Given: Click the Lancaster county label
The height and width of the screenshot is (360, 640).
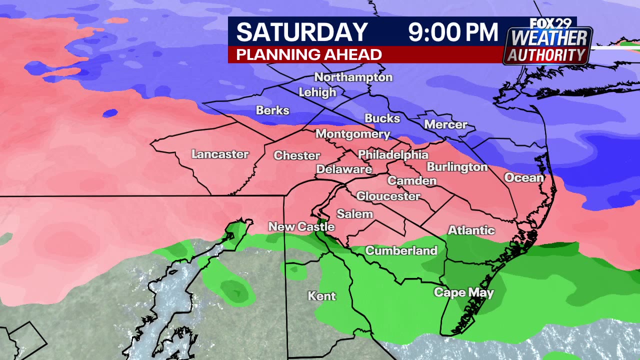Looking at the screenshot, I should point(220,154).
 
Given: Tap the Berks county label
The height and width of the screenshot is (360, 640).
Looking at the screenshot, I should point(272,110).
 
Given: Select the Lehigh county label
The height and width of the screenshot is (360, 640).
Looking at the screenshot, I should point(317,92).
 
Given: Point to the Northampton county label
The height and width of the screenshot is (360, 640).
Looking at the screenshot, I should point(353,77).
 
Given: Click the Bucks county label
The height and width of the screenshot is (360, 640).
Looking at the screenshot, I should point(382,118).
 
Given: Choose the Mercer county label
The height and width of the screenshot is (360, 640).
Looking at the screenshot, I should point(446,124).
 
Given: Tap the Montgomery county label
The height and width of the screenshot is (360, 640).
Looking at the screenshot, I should point(353,134).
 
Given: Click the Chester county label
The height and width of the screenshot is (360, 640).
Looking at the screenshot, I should point(297,155).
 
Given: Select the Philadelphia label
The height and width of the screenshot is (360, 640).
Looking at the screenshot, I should point(393,154).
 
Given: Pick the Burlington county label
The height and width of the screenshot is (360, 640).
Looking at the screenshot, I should point(457,167).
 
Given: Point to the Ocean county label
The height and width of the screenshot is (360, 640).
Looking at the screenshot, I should point(523,177).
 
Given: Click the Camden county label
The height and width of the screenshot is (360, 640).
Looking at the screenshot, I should point(412,180).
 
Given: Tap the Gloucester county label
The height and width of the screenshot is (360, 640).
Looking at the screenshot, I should point(388,196).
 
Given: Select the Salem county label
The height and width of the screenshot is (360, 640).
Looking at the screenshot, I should point(355,214).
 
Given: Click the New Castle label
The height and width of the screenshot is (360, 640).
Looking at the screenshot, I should point(301,226).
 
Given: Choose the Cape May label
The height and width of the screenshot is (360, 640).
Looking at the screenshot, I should point(464,292).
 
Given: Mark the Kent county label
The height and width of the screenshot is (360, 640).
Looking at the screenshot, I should point(322,296).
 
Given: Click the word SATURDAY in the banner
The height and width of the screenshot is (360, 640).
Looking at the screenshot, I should point(302,32).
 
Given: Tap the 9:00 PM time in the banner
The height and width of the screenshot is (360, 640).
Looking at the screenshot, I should point(453,32).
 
